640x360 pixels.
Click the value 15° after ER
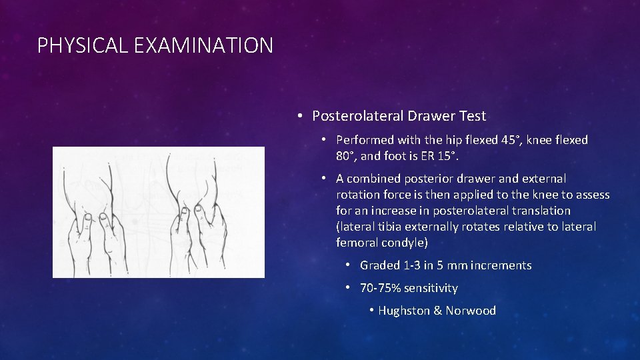tap(447, 156)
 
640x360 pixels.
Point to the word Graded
tap(380, 265)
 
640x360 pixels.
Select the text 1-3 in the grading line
tap(412, 265)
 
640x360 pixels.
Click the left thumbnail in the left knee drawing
tap(86, 217)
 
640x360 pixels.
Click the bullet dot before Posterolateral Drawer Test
tap(301, 116)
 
